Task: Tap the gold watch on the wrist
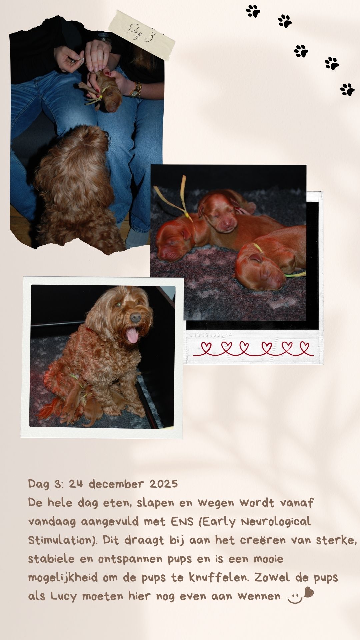pyautogui.click(x=136, y=89)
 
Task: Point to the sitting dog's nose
pyautogui.click(x=136, y=317)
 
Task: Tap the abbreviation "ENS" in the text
pyautogui.click(x=182, y=521)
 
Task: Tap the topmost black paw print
pyautogui.click(x=253, y=11)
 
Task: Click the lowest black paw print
pyautogui.click(x=347, y=89)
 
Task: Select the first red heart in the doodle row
pyautogui.click(x=207, y=348)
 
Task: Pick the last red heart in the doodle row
pyautogui.click(x=304, y=348)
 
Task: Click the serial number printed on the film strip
pyautogui.click(x=211, y=335)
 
